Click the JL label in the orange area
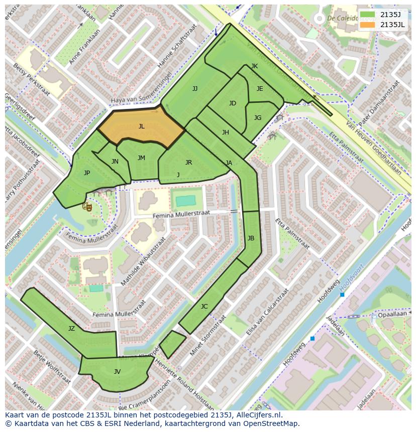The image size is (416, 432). click(141, 126)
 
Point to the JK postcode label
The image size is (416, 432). click(254, 66)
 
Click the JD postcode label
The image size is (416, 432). click(232, 103)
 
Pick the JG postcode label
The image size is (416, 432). click(257, 118)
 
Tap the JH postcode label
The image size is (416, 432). click(225, 132)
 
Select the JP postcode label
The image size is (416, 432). click(87, 173)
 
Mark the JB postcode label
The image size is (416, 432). click(251, 238)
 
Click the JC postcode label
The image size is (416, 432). click(204, 307)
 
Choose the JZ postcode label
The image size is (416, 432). click(71, 329)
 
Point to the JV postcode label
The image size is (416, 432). click(117, 372)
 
